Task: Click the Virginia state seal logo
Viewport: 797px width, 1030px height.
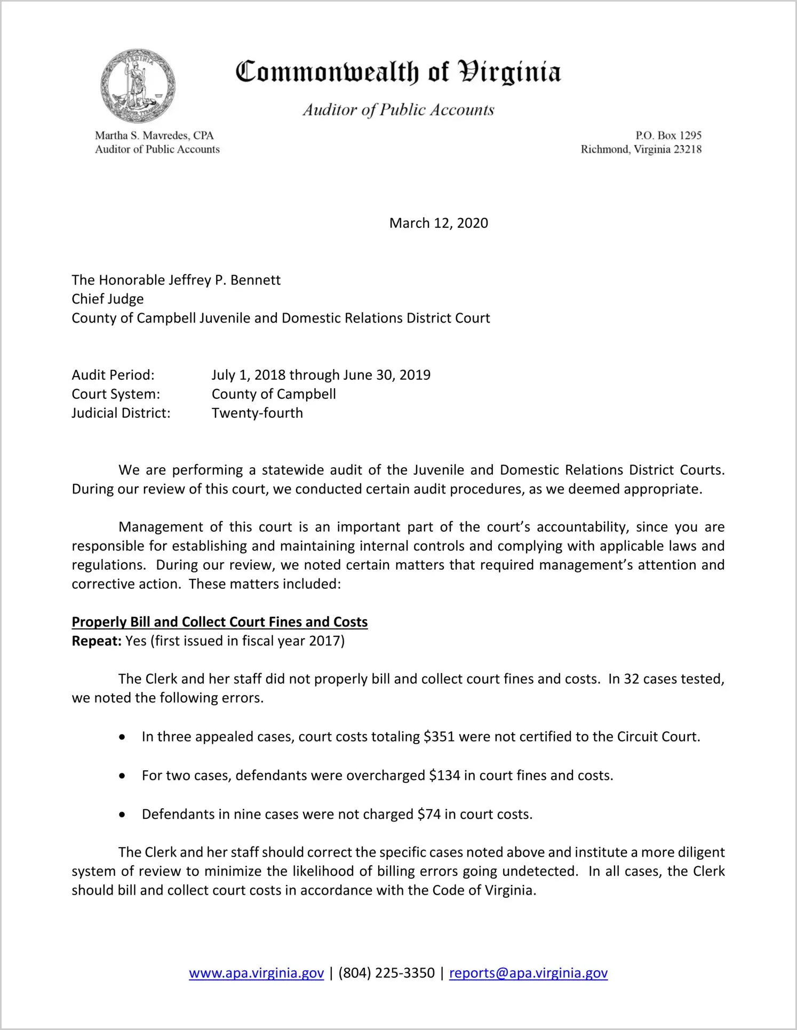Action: point(138,86)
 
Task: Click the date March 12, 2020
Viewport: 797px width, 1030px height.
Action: point(439,223)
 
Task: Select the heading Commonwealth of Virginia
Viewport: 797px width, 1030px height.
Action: point(398,72)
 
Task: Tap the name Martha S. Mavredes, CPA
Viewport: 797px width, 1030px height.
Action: point(154,135)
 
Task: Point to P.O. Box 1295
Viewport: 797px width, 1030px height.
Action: point(668,135)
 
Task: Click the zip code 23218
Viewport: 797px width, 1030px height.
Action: point(688,149)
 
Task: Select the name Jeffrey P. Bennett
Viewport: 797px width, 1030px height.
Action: point(225,280)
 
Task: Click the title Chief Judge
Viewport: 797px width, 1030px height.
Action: point(108,299)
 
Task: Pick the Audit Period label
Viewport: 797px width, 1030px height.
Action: point(113,375)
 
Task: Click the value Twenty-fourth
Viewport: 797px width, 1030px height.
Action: point(257,413)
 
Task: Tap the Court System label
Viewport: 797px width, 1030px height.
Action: point(116,394)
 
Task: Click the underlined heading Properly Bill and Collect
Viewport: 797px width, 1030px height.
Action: point(220,622)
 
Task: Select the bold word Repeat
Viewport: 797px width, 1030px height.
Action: point(97,641)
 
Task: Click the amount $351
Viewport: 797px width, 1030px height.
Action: point(439,737)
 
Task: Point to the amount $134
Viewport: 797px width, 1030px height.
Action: point(444,776)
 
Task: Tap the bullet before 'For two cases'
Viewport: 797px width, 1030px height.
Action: point(123,776)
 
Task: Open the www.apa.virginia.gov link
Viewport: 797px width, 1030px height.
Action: point(257,973)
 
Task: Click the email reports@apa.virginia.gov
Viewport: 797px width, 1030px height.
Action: point(528,973)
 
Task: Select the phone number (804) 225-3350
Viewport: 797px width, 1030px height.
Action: point(387,973)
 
